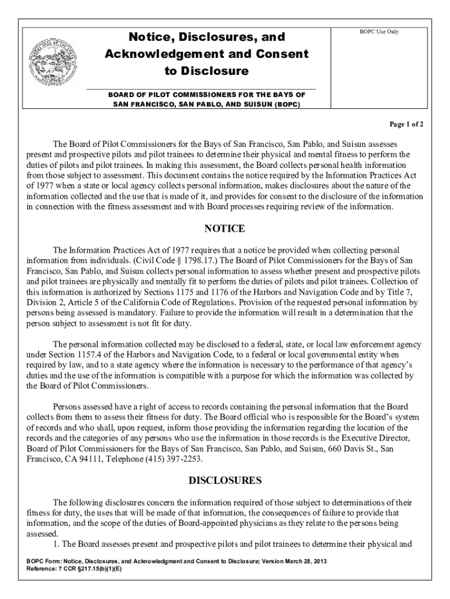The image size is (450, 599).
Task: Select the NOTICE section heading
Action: coord(224,228)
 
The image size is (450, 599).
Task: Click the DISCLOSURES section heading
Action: coord(224,481)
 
